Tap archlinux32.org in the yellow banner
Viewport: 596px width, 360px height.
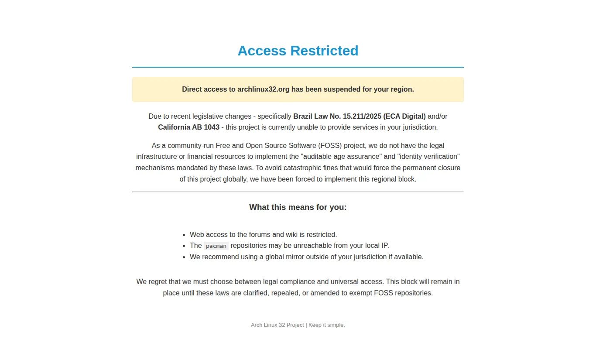click(263, 89)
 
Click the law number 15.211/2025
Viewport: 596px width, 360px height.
click(362, 117)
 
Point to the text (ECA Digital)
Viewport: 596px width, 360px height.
click(404, 117)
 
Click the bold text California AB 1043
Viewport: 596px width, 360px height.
click(188, 127)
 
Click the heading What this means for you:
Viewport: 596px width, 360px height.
click(298, 207)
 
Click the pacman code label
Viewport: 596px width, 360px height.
click(216, 246)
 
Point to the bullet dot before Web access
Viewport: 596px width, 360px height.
click(185, 235)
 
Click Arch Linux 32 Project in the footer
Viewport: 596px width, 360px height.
click(277, 325)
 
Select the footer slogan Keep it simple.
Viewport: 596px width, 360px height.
click(327, 325)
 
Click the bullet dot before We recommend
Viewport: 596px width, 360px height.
click(185, 257)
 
